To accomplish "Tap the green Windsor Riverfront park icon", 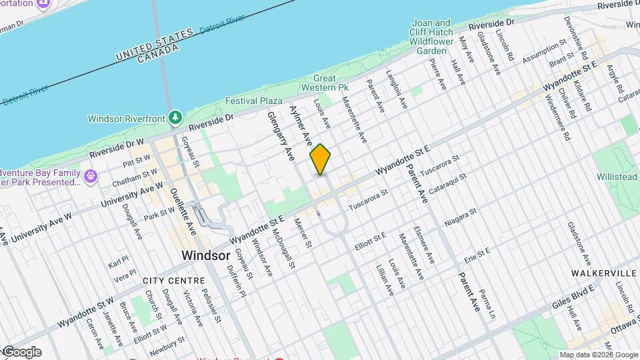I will coord(175,118).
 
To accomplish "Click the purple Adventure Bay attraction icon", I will coord(91,177).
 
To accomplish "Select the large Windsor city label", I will coord(206,255).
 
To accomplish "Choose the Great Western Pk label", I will coord(325,83).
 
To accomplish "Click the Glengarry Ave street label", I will coord(281,137).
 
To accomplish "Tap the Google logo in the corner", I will coord(21,351).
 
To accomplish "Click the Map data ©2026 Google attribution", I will coord(599,355).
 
